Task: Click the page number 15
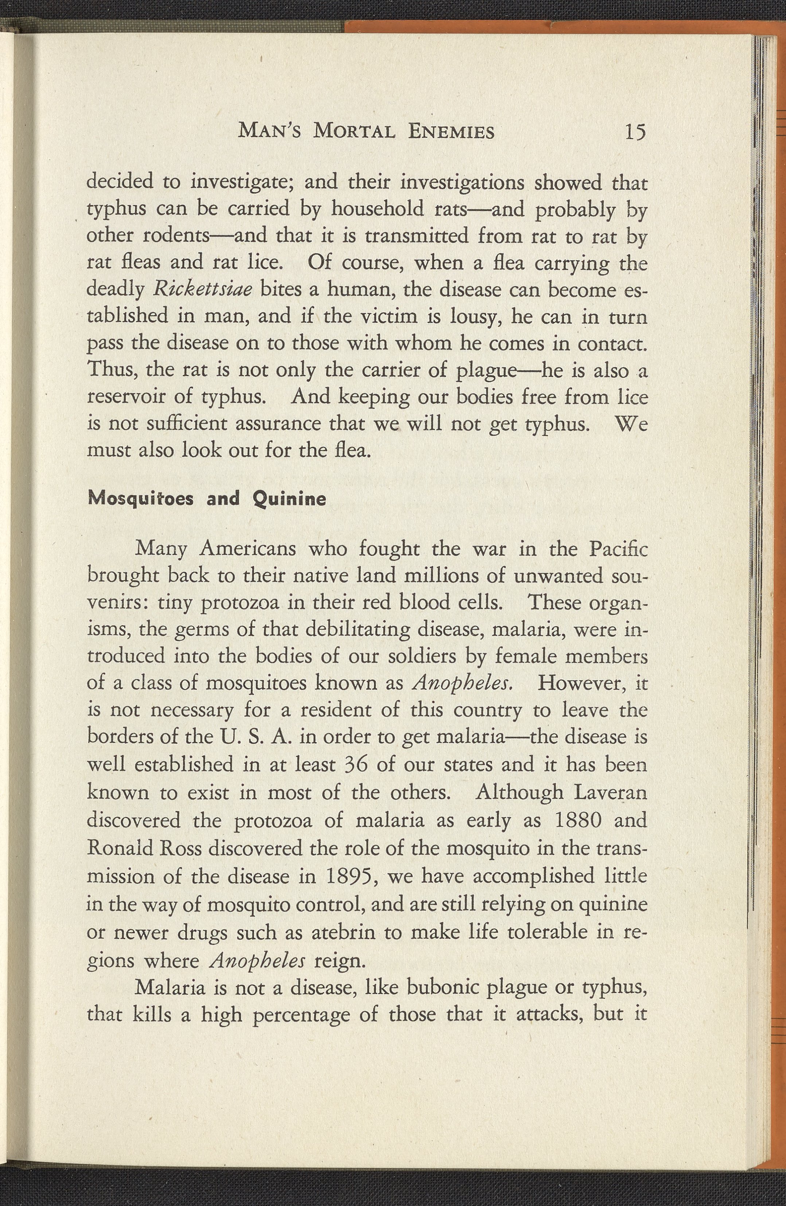click(635, 132)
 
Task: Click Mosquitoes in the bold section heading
click(141, 499)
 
